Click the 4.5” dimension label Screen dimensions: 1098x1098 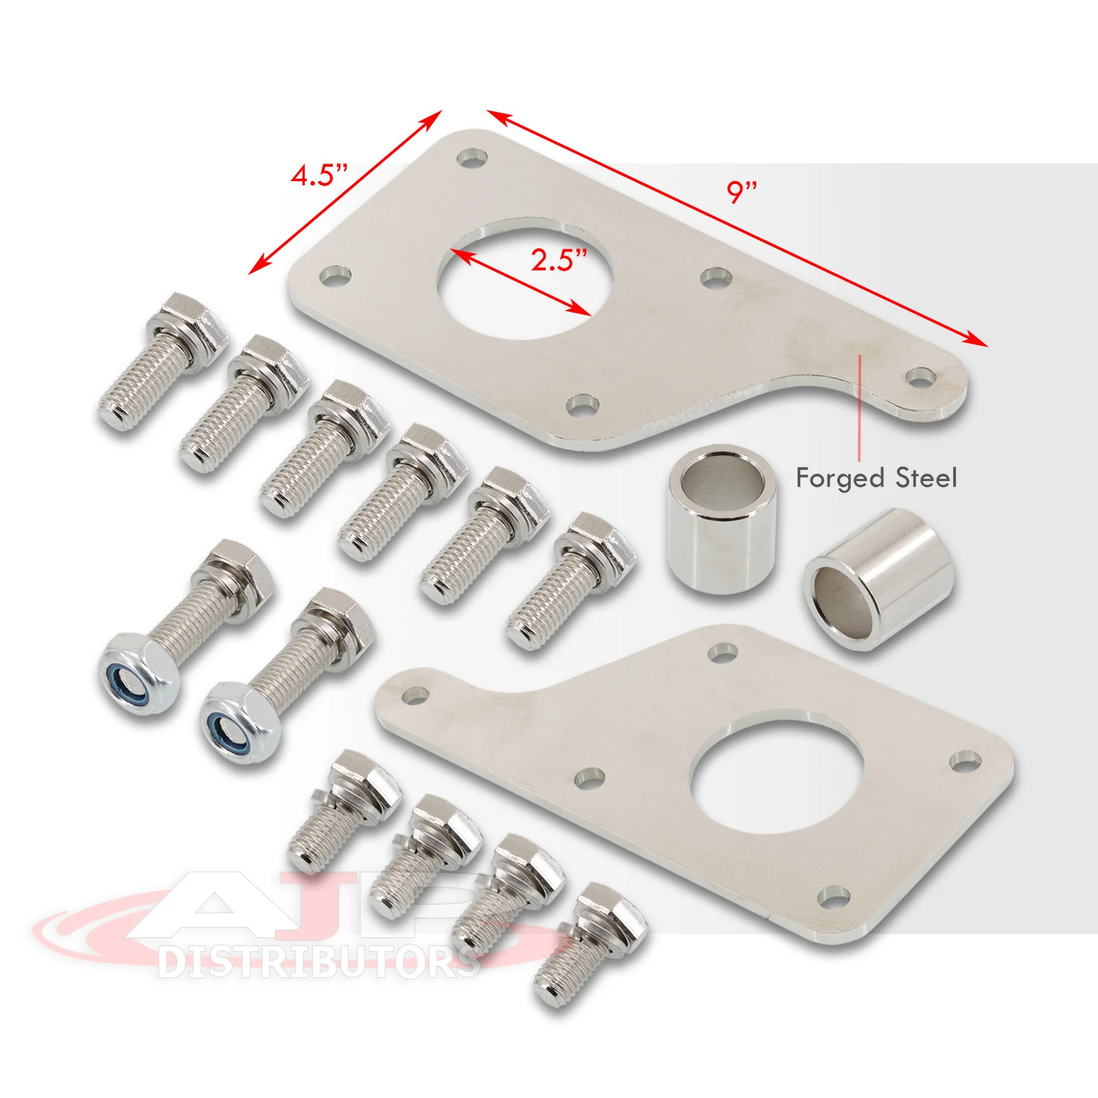pyautogui.click(x=320, y=175)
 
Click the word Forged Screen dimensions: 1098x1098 pyautogui.click(x=840, y=478)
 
